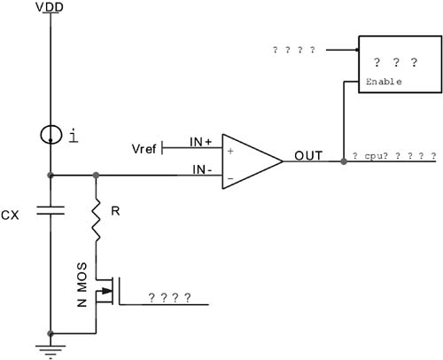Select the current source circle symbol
pyautogui.click(x=51, y=135)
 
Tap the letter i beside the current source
pyautogui.click(x=73, y=135)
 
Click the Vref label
pyautogui.click(x=143, y=148)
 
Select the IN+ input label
pyautogui.click(x=202, y=142)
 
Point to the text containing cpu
pyautogui.click(x=392, y=156)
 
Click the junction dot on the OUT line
pyautogui.click(x=344, y=161)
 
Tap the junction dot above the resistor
pyautogui.click(x=96, y=176)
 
